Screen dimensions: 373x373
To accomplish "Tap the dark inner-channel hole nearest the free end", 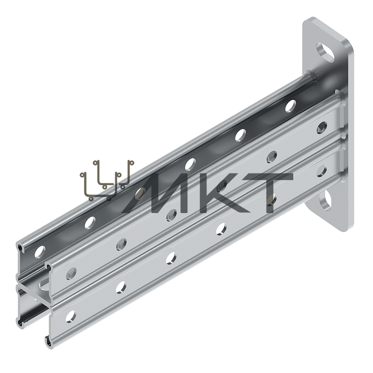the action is pyautogui.click(x=40, y=252).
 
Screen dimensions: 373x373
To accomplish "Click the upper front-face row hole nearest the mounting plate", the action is pyautogui.click(x=322, y=126).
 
